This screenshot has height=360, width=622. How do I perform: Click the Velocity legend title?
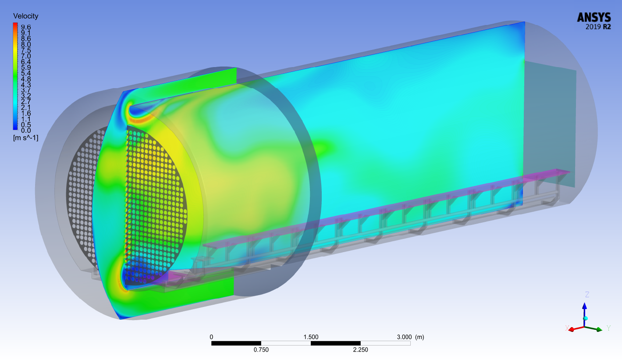(25, 16)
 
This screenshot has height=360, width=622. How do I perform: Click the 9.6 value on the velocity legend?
(26, 27)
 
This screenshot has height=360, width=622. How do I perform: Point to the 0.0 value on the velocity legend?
(26, 131)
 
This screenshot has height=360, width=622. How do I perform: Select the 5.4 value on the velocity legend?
(26, 73)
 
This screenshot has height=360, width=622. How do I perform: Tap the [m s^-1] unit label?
(25, 138)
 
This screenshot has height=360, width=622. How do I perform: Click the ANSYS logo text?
(594, 17)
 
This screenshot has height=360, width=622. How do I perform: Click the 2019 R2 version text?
(598, 27)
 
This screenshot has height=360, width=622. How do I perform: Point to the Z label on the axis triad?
(587, 294)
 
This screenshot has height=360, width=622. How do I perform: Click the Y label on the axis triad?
(609, 328)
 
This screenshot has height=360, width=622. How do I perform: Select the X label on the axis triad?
(567, 328)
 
